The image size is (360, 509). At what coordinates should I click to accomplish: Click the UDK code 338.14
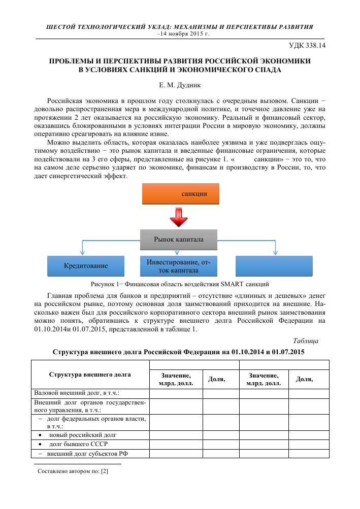coord(307,46)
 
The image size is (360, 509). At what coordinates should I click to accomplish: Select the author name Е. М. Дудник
coord(180,84)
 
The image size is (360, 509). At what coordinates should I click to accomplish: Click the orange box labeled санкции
coord(180,194)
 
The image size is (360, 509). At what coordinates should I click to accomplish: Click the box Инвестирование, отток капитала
coord(178,266)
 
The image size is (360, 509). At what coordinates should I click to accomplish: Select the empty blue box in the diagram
coord(274,265)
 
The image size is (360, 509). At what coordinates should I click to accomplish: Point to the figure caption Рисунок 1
coord(179,283)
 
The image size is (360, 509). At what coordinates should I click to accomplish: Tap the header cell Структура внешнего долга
coord(90,375)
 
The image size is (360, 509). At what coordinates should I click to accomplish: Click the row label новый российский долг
coord(83,435)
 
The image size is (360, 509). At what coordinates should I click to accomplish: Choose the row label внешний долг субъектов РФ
coord(86,453)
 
